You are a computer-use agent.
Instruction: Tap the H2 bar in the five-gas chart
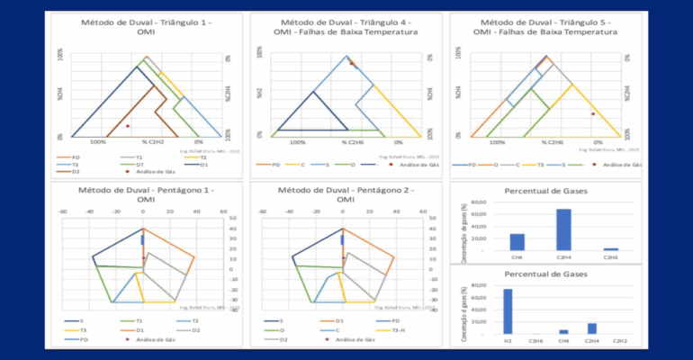point(508,310)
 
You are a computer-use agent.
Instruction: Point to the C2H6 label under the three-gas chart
point(611,257)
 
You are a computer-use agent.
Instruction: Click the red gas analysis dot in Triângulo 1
point(129,126)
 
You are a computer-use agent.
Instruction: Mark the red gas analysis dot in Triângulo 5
point(593,114)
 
